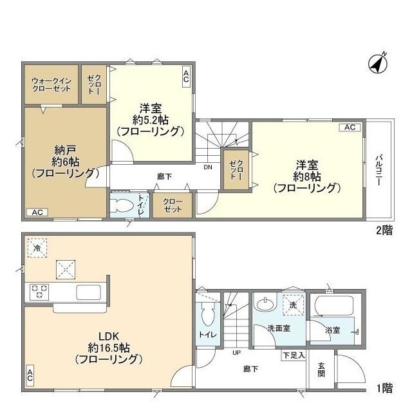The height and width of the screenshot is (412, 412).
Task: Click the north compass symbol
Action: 377,62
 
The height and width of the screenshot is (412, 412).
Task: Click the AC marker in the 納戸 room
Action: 37,212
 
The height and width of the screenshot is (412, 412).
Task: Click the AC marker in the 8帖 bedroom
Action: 350,127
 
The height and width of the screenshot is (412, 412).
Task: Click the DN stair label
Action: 208,167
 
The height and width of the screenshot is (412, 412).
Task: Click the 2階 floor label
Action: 384,230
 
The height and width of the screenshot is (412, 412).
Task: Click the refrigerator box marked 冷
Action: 37,248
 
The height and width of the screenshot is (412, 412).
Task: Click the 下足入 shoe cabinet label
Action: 293,355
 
